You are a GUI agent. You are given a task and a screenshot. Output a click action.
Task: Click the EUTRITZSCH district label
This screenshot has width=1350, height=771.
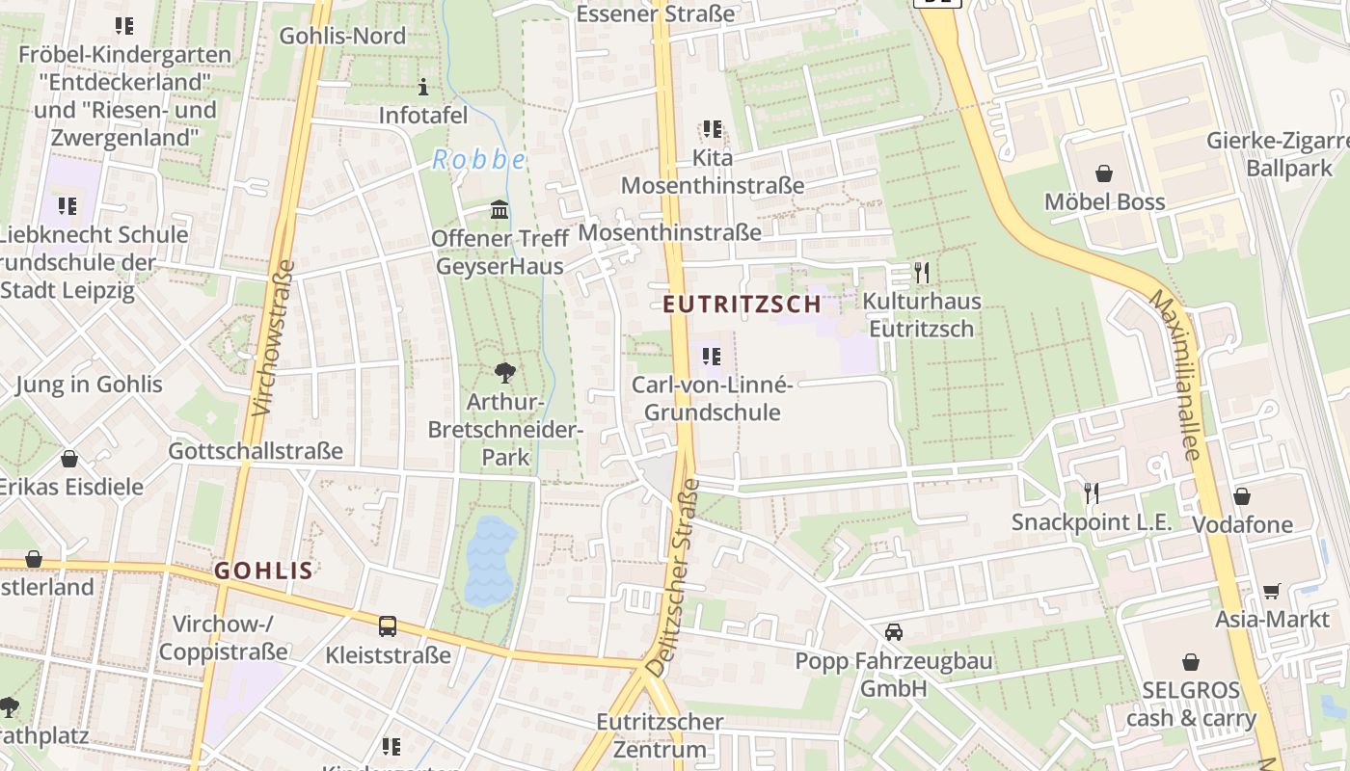tap(742, 305)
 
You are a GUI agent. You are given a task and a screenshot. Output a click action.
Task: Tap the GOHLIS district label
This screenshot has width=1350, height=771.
tap(263, 571)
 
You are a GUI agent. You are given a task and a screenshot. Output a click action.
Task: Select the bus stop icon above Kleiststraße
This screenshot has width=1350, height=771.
tap(388, 626)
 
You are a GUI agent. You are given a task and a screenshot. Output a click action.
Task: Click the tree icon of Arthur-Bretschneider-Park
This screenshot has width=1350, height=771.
tap(504, 373)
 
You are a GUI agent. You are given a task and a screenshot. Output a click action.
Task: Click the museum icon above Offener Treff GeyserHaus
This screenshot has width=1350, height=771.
tap(499, 209)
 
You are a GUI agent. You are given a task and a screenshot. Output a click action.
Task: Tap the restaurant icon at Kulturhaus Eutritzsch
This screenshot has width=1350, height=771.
tap(922, 273)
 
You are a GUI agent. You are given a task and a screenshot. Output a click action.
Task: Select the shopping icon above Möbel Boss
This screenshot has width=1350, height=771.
tap(1104, 173)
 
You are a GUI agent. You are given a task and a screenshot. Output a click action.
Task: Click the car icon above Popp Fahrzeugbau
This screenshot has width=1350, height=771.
tap(894, 632)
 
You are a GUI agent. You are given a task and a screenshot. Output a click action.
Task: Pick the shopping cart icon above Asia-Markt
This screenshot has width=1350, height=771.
tap(1272, 591)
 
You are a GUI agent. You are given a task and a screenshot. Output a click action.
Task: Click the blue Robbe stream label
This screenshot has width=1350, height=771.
tap(478, 159)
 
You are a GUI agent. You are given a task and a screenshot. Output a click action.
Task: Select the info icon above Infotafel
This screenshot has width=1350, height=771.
tap(422, 87)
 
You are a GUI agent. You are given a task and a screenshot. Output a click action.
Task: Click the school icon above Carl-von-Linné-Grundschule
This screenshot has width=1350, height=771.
tap(712, 357)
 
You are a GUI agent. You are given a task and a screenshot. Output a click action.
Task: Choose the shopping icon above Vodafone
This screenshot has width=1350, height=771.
tap(1242, 496)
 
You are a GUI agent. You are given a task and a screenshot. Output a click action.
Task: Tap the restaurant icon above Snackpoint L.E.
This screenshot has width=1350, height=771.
tap(1092, 493)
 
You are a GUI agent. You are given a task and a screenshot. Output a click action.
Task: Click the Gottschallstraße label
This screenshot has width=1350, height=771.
tap(256, 451)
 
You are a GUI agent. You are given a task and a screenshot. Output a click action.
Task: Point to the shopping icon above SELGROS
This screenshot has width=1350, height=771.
tap(1191, 662)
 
